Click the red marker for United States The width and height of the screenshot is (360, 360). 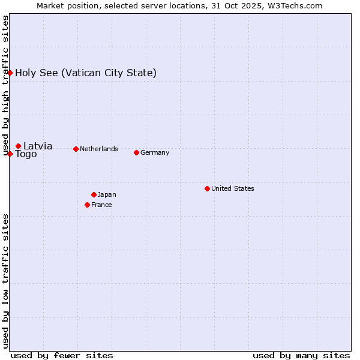[207, 188]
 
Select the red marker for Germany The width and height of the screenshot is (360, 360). [136, 152]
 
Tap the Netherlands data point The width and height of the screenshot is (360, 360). [76, 149]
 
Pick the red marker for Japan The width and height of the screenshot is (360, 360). [94, 194]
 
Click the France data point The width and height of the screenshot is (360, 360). [87, 205]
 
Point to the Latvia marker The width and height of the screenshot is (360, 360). [18, 146]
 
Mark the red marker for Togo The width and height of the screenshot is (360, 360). [10, 154]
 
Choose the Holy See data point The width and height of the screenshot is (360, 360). [10, 73]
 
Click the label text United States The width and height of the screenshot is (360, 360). [233, 188]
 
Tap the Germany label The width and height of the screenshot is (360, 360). [155, 152]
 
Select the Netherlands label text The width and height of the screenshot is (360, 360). [99, 149]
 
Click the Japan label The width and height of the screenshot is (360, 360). [107, 194]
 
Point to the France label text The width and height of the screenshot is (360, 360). [101, 205]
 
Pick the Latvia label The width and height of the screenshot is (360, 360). [38, 146]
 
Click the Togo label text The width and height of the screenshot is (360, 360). [26, 154]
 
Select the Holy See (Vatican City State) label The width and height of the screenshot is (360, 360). [86, 73]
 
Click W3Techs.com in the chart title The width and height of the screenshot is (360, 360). [294, 6]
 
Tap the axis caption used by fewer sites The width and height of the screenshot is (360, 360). [62, 355]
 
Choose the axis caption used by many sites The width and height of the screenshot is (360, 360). [301, 355]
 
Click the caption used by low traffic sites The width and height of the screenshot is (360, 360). [5, 281]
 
